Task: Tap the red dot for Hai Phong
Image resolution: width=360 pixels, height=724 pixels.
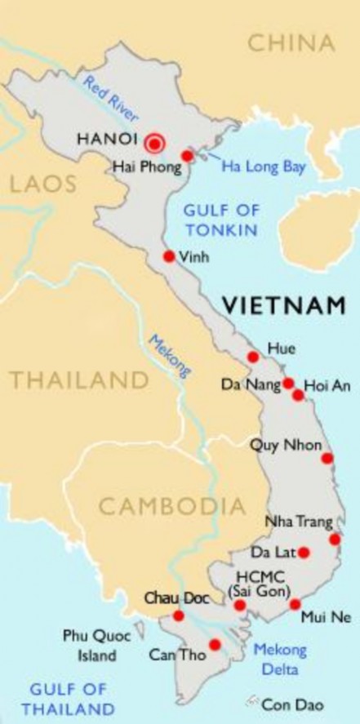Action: click(x=187, y=156)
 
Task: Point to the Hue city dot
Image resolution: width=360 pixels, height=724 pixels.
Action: click(x=252, y=357)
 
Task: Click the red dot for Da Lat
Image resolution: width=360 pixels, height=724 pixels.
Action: click(x=304, y=552)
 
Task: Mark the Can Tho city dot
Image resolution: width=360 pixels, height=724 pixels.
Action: click(x=215, y=645)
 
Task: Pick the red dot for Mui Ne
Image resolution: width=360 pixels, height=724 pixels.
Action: click(x=295, y=604)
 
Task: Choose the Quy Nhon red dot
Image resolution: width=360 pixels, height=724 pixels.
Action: click(x=327, y=458)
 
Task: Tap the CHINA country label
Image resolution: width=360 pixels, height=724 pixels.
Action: click(x=290, y=42)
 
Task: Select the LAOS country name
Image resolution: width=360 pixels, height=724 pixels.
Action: click(x=38, y=184)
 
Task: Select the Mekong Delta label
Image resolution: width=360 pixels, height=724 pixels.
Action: click(x=280, y=659)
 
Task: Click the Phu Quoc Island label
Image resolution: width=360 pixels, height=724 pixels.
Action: click(x=93, y=645)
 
